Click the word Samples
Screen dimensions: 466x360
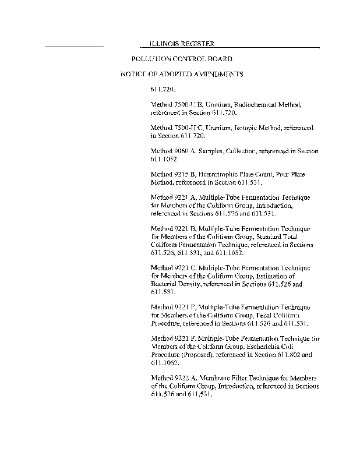[x=212, y=151]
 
